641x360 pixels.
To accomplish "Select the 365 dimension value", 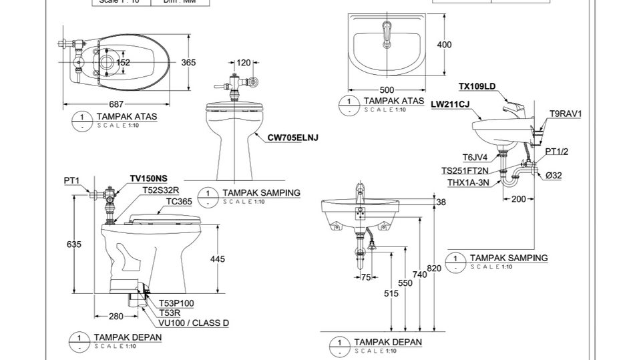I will pos(189,63).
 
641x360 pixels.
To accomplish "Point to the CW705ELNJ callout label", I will pos(292,138).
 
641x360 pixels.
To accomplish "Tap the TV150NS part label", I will pos(148,178).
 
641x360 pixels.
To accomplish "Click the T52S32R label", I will pos(160,190).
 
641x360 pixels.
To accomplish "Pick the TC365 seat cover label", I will pos(179,201).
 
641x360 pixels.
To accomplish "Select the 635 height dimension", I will pos(74,244).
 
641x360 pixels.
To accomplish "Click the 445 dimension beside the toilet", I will pos(218,258).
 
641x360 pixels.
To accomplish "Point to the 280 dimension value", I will pos(116,316).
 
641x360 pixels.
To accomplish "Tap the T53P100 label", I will pos(176,303).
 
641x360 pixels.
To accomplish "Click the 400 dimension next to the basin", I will pos(444,45).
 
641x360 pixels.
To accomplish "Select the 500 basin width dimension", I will pos(387,90).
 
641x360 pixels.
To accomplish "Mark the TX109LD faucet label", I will pos(477,86).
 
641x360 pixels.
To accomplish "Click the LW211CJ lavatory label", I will pos(450,104).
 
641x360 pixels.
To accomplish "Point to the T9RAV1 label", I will pos(565,114).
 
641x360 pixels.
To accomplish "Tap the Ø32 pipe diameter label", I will pos(554,176).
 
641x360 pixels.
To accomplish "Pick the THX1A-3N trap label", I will pos(469,182).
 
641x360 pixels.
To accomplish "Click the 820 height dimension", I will pos(434,268).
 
